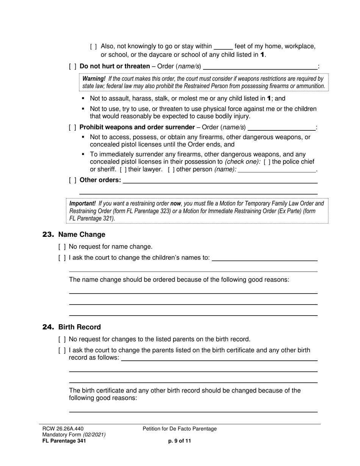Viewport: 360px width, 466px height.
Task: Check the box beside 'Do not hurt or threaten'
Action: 73,67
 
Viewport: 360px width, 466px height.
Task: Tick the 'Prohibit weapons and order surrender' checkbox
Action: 73,127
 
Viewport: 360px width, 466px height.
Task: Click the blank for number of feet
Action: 223,47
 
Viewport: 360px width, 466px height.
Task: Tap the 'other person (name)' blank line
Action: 277,170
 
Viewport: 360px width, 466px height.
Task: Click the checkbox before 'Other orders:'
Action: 73,180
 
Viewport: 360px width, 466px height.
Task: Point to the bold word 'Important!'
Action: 82,203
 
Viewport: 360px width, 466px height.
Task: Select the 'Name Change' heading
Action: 82,235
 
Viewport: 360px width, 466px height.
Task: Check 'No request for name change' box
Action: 62,247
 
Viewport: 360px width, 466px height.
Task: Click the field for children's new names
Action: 265,258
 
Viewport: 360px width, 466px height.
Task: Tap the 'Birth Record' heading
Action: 80,327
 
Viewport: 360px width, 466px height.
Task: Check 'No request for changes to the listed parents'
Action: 62,339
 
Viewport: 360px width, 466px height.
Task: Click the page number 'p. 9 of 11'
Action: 180,441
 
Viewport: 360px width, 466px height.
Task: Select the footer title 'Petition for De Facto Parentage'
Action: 180,429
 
